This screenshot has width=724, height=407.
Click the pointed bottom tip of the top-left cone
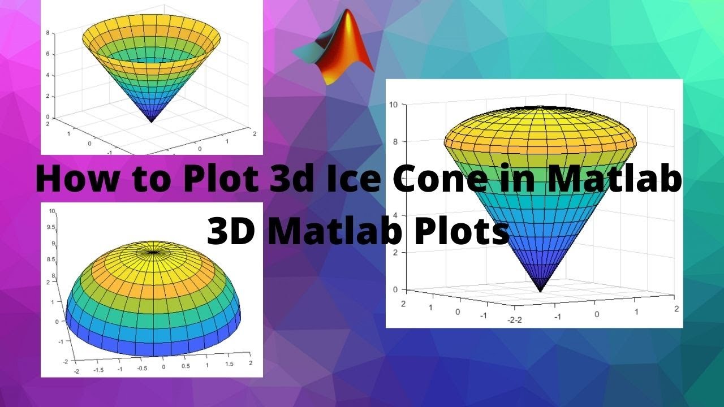[x=152, y=122]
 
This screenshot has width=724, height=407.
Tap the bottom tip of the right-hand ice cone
[x=540, y=291]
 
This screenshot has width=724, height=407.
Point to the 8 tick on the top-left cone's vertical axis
[x=47, y=33]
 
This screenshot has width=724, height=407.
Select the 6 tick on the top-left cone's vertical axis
[x=47, y=54]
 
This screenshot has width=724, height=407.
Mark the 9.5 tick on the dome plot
[x=51, y=227]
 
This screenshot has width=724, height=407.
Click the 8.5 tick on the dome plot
[x=51, y=259]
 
